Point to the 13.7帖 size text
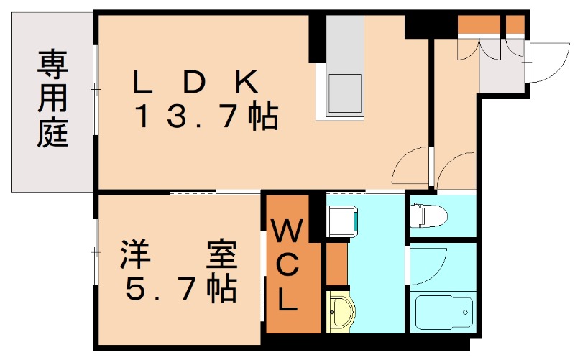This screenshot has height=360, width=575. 206,116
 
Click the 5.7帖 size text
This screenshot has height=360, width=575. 180,289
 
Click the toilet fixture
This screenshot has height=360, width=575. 428,215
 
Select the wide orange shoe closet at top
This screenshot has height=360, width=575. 479,24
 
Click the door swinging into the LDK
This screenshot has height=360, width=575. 411,167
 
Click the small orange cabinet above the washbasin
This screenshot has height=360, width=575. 336,263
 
